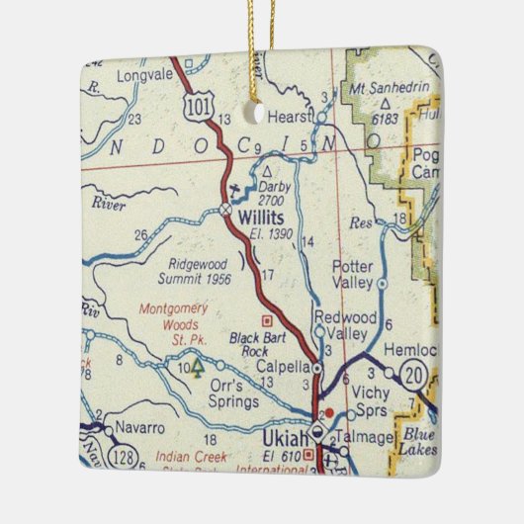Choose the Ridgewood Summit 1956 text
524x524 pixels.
point(199,272)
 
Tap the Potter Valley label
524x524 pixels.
point(353,275)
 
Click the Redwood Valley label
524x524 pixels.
point(344,324)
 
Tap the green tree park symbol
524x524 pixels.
point(198,368)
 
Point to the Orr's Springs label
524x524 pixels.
point(234,393)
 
